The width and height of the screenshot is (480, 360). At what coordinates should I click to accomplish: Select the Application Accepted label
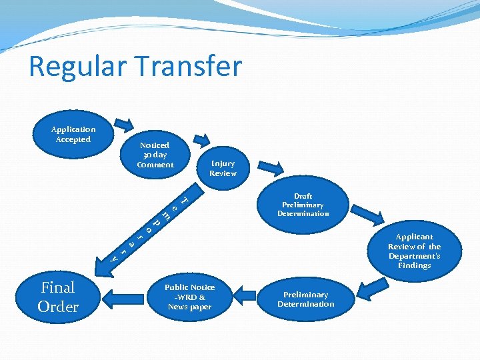(73, 134)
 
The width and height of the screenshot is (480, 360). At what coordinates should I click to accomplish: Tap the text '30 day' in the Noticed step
(154, 155)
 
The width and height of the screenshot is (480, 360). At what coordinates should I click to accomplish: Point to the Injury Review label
(223, 168)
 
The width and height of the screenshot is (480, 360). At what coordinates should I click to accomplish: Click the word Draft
(303, 196)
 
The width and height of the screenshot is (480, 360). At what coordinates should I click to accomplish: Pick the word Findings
(414, 265)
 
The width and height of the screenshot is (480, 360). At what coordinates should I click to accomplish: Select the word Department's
(414, 256)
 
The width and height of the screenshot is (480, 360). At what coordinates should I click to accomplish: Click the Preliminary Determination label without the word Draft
(305, 299)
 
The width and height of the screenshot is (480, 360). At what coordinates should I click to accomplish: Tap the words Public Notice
(190, 287)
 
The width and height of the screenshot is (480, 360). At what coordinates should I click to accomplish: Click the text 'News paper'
(190, 307)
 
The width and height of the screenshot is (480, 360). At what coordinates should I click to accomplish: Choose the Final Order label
(58, 297)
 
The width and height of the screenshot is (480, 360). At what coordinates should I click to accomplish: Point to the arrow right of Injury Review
(271, 167)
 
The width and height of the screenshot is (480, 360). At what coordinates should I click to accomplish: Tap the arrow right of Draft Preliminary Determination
(367, 213)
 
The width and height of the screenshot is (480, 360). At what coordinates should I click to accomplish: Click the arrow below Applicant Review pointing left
(375, 289)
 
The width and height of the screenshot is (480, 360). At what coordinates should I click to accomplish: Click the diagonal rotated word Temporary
(149, 227)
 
